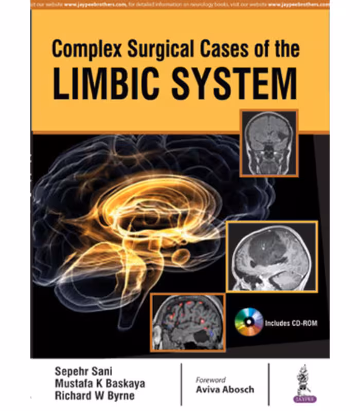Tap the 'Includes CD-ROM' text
click(x=290, y=324)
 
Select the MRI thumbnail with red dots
click(x=187, y=322)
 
